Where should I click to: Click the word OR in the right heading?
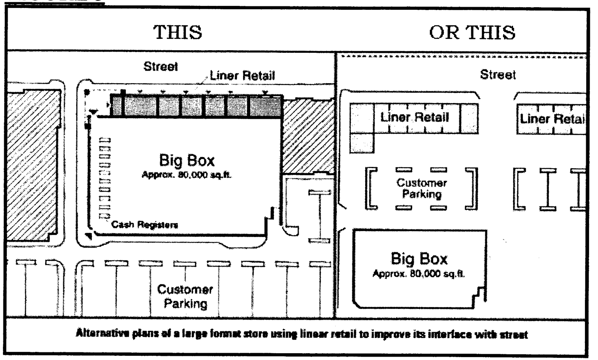(445, 32)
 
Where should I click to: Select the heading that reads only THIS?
(177, 32)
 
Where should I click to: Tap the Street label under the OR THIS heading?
(498, 75)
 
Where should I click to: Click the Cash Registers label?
(144, 225)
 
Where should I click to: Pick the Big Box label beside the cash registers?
(186, 161)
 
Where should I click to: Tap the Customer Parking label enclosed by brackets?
(421, 188)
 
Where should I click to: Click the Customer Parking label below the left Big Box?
(185, 296)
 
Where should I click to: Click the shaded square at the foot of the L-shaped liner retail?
(363, 142)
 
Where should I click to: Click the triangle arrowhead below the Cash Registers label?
(88, 236)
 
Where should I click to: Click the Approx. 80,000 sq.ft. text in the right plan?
(419, 274)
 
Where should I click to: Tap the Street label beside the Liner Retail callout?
(161, 67)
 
